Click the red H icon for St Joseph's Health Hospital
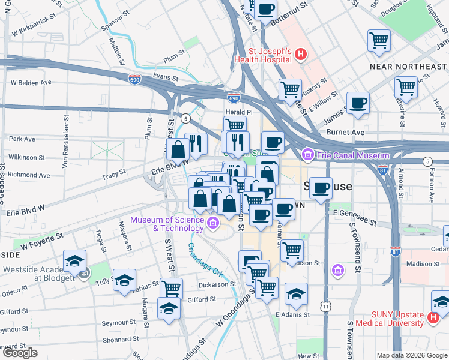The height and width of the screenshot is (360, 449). click(x=301, y=55)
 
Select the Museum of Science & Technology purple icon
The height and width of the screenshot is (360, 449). click(x=212, y=224)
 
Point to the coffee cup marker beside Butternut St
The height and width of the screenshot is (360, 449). click(x=265, y=10)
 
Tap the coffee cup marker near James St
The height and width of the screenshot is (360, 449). click(x=358, y=103)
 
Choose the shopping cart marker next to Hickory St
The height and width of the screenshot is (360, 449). click(x=291, y=89)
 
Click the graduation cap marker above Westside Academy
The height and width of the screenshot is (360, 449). click(x=74, y=260)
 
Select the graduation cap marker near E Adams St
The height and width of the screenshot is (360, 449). click(x=296, y=294)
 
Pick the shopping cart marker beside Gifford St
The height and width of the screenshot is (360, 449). click(x=171, y=288)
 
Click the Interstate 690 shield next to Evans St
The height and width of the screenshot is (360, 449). click(x=134, y=79)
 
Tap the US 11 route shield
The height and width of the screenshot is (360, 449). click(x=325, y=307)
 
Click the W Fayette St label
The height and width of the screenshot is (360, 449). click(x=42, y=241)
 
